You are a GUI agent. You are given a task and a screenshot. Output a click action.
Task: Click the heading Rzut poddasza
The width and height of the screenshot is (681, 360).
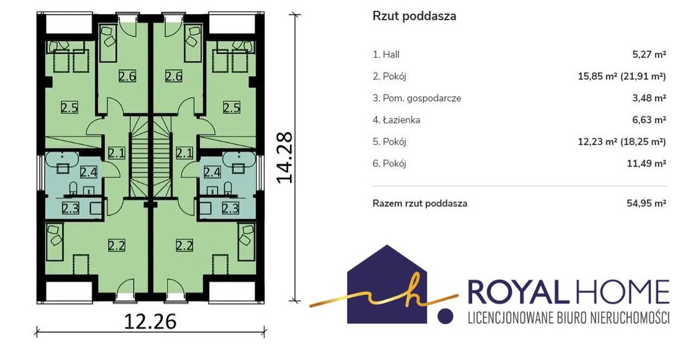pos(414,16)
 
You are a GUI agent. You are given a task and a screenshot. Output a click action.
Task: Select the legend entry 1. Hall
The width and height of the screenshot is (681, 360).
pos(386,55)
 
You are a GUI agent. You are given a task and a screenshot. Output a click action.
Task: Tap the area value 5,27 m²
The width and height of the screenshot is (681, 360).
pos(649,55)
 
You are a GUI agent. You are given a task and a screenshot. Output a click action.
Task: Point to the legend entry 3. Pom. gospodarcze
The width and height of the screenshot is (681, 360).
pos(417,98)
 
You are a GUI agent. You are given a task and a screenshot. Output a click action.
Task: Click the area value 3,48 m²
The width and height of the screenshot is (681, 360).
pos(649,98)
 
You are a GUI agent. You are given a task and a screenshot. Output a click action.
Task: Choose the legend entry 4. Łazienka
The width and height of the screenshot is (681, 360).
pos(396,120)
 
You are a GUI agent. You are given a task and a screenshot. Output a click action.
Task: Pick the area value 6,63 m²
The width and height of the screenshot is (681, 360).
pos(649,120)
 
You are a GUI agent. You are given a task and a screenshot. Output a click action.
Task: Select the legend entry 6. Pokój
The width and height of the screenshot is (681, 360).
pos(390,164)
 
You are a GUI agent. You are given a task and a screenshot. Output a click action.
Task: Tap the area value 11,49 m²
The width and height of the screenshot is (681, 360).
pos(647,164)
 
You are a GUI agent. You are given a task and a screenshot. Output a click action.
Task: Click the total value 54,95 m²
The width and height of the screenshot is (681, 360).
pos(646,203)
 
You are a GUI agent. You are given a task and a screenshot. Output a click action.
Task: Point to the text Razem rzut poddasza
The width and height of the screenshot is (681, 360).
pos(420,204)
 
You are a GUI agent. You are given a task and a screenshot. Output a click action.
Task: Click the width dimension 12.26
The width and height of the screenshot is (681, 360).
pos(150,322)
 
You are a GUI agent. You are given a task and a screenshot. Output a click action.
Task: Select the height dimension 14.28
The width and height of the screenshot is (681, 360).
pos(285,158)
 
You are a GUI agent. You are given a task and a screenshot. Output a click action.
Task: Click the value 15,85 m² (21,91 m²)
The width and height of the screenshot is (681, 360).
pos(622,77)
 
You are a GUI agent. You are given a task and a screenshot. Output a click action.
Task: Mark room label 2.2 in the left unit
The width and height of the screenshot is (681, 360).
pos(116,246)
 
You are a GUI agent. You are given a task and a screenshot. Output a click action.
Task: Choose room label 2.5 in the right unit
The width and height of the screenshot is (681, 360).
pos(231,107)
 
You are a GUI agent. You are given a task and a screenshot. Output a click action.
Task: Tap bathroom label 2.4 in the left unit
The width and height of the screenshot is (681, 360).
pos(88,172)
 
